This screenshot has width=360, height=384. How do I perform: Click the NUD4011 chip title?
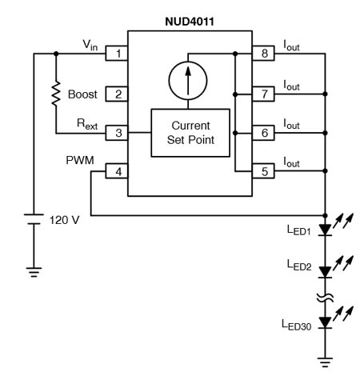[190, 22]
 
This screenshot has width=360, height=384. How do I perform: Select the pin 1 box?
[117, 54]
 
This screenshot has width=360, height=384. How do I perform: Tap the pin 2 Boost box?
[117, 94]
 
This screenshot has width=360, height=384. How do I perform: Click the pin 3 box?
[117, 133]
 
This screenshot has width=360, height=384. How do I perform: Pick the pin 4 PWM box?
[117, 171]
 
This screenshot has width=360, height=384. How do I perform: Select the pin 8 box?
[263, 54]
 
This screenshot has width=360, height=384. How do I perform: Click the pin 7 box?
[263, 94]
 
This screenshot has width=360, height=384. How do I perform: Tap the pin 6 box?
[263, 133]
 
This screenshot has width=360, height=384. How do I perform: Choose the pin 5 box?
[263, 171]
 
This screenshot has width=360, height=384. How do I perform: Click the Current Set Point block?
[190, 133]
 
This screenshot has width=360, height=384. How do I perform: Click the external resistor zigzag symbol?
[56, 94]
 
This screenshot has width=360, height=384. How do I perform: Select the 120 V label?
[65, 220]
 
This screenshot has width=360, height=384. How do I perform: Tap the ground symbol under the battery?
[34, 272]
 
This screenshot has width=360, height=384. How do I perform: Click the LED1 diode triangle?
[325, 230]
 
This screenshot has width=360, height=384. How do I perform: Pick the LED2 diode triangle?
[325, 272]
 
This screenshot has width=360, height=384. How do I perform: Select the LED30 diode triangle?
[325, 322]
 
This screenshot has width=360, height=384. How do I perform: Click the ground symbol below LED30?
[325, 362]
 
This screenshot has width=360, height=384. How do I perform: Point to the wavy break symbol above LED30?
[325, 298]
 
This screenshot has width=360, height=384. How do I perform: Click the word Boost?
[82, 94]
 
